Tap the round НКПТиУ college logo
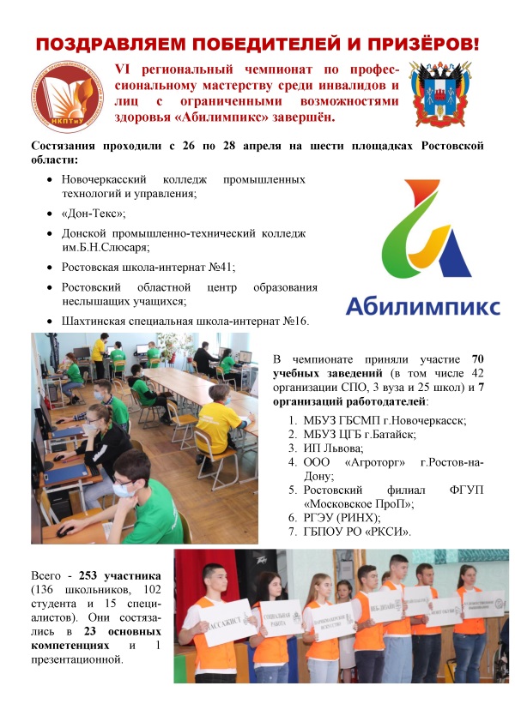(67, 93)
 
